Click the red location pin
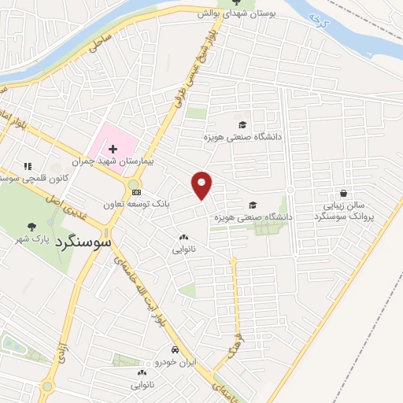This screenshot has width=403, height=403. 202,184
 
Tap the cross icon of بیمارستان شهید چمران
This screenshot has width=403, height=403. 113,148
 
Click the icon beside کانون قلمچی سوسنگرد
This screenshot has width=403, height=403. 28,167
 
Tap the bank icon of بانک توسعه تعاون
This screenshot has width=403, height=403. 137,191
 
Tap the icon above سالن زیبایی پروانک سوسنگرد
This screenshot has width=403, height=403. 343,193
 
